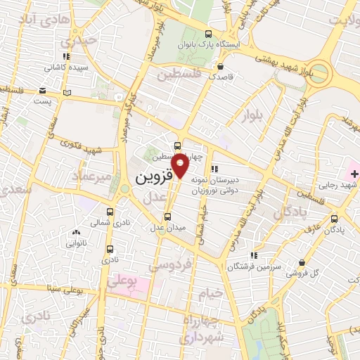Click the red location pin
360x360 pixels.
click(x=181, y=165)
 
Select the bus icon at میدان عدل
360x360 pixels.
click(x=167, y=217)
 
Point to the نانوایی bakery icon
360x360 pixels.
click(x=76, y=232)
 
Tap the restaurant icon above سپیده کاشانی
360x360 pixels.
click(x=66, y=56)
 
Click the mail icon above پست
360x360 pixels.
click(x=43, y=91)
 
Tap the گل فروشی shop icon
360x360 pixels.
click(x=302, y=262)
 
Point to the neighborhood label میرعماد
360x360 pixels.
click(x=91, y=177)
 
